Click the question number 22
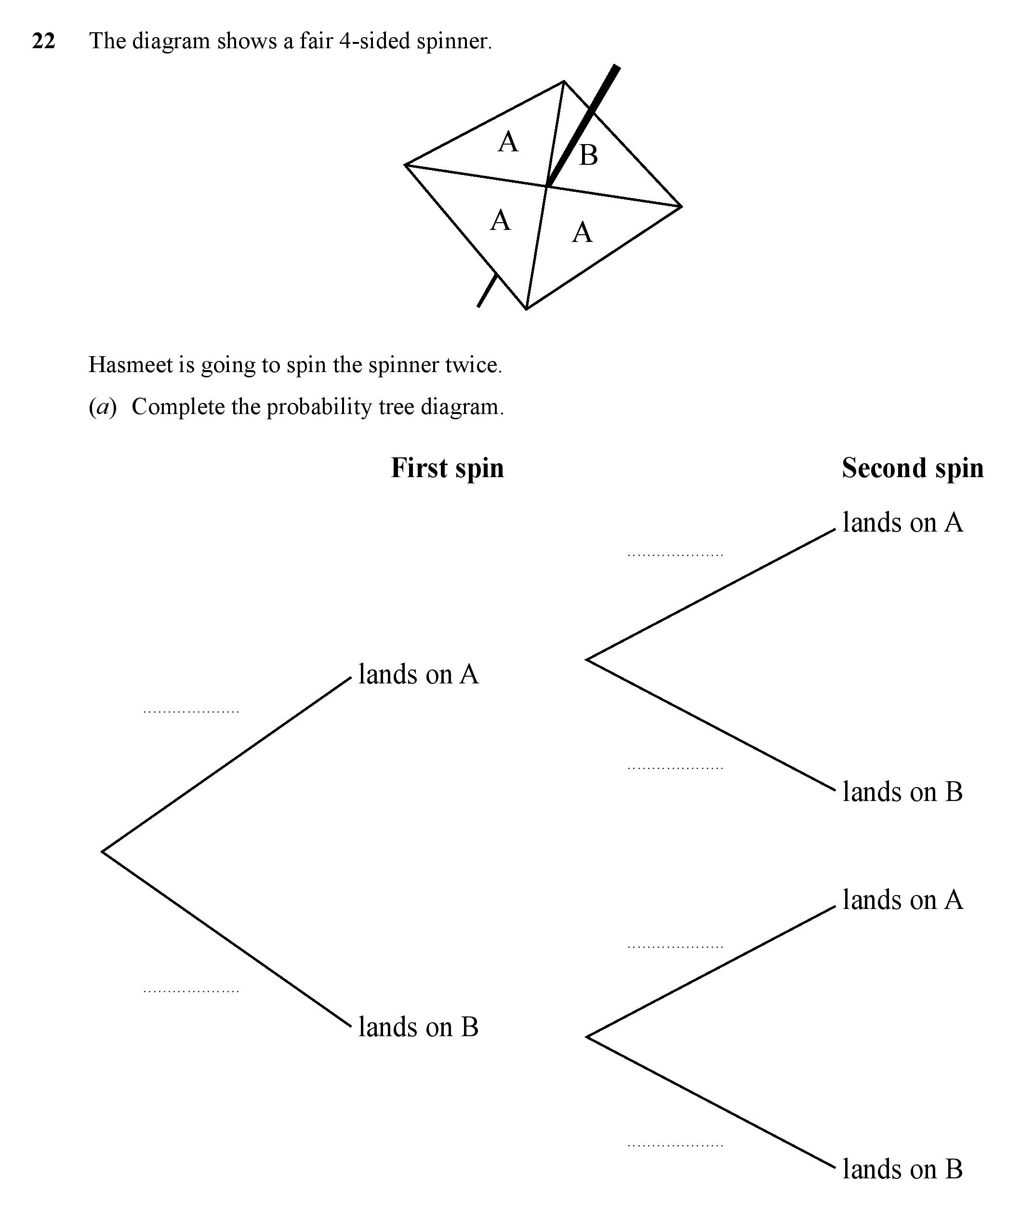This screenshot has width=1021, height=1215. point(43,41)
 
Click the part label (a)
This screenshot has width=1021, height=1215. point(103,407)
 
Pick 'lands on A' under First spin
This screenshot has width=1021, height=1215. point(419,674)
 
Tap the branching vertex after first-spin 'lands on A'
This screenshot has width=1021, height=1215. point(587,659)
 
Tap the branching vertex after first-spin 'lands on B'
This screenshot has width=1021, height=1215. point(587,1037)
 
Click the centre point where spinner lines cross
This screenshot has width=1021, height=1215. point(547,186)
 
